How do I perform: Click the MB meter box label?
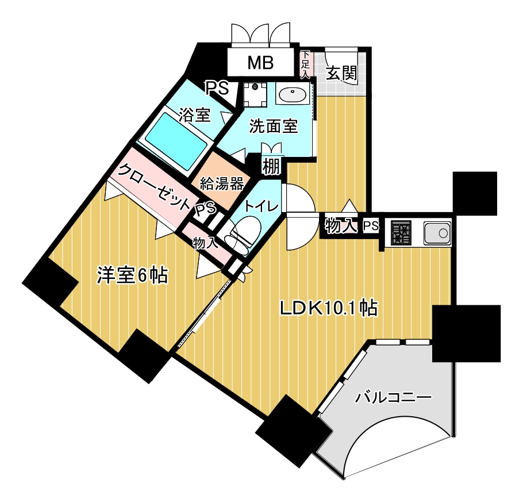point(260,63)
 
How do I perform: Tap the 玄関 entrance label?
point(341,73)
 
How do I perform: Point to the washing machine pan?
point(254,93)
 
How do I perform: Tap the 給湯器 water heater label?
point(221,183)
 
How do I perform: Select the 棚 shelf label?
point(271,166)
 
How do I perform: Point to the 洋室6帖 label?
point(132,275)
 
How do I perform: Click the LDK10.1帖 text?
point(328,308)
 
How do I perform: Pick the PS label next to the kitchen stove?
point(371,226)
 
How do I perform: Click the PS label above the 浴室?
point(217,88)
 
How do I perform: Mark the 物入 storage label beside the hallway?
point(339,225)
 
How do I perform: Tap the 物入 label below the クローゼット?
point(205,242)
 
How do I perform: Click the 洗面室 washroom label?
point(273,126)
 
